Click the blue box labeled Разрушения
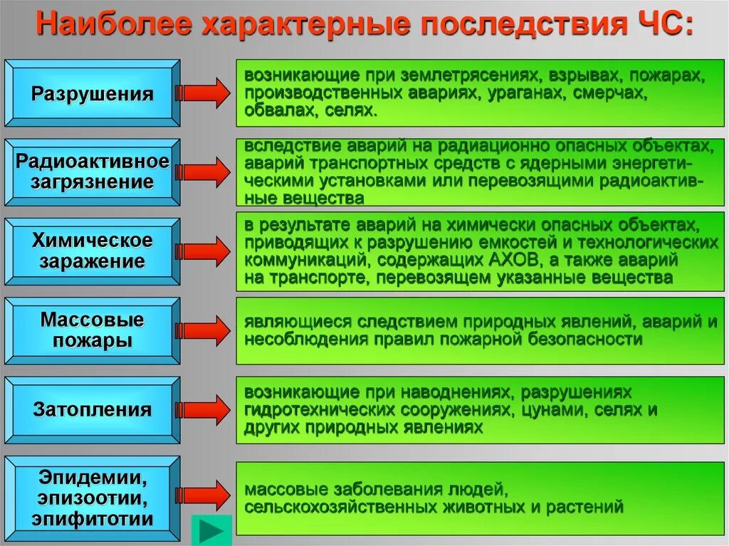93,94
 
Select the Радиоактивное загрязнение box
93,172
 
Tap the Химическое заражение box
93,251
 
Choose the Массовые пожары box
93,330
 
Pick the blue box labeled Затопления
93,409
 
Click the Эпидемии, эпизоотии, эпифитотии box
93,496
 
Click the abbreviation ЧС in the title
660,26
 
